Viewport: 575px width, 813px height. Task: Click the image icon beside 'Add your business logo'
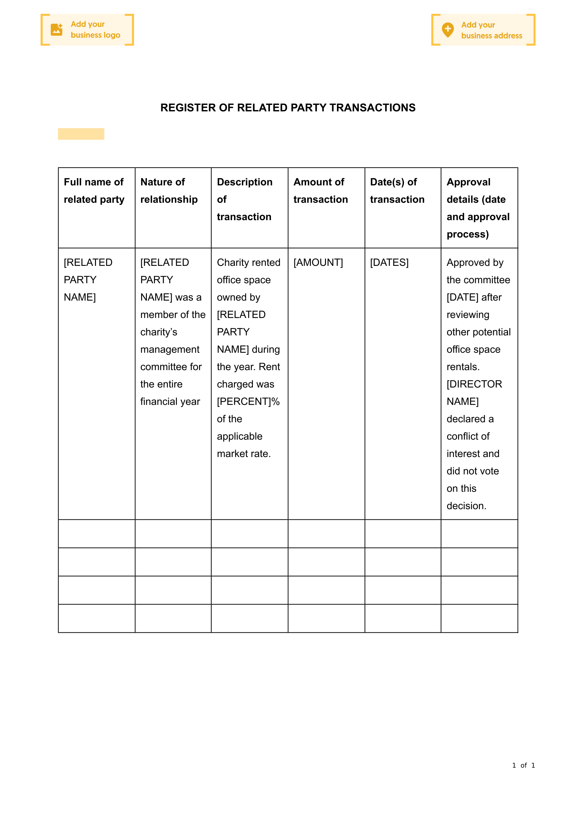click(56, 30)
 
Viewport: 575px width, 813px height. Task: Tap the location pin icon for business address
click(448, 30)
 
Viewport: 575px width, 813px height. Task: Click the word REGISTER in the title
click(188, 107)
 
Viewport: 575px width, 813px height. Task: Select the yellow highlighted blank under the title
click(81, 134)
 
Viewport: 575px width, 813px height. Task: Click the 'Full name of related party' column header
click(94, 191)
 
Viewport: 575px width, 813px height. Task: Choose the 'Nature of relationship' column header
click(169, 191)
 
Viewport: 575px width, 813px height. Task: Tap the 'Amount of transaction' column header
click(321, 191)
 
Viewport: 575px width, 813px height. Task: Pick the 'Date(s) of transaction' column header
click(397, 191)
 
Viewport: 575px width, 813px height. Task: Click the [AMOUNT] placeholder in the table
click(318, 262)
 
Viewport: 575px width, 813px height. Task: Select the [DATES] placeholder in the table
click(389, 262)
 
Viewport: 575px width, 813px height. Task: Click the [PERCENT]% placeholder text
click(248, 402)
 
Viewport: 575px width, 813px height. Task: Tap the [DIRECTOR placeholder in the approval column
click(474, 384)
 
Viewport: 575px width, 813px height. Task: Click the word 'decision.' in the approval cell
click(466, 506)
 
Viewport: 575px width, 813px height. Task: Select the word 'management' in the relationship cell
click(170, 350)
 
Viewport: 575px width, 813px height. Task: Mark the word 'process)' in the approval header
click(468, 234)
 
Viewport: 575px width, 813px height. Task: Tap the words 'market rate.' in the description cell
click(244, 453)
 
